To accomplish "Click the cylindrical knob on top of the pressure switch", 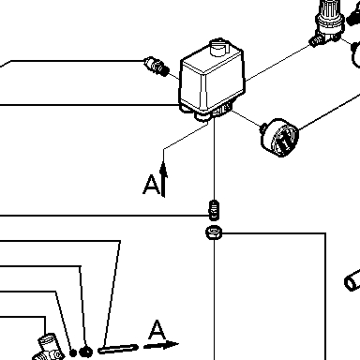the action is pos(220,47).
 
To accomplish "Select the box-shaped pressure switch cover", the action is pos(212,78).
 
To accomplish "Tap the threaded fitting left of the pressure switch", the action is pos(157,67).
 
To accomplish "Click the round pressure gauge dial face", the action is pos(285,139).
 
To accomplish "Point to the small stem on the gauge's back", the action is pos(263,127).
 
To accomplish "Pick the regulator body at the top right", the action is pos(331,19).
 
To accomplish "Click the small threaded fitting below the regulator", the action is pos(317,40).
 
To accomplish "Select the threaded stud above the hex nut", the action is pos(214,210).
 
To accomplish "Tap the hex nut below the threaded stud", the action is pos(214,232).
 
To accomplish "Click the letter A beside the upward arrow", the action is pos(151,185).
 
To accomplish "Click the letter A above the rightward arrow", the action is pos(157,330).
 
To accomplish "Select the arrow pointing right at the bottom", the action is pos(161,345).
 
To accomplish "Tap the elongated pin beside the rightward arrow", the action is pos(118,349).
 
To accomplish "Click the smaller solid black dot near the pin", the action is pos(73,352).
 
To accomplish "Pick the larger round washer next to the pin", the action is pos(86,352).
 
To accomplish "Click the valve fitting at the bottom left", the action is pos(49,348).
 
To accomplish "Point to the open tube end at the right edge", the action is pos(352,278).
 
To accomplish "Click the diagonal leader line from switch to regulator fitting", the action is pos(278,63).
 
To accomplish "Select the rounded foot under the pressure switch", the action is pos(202,116).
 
